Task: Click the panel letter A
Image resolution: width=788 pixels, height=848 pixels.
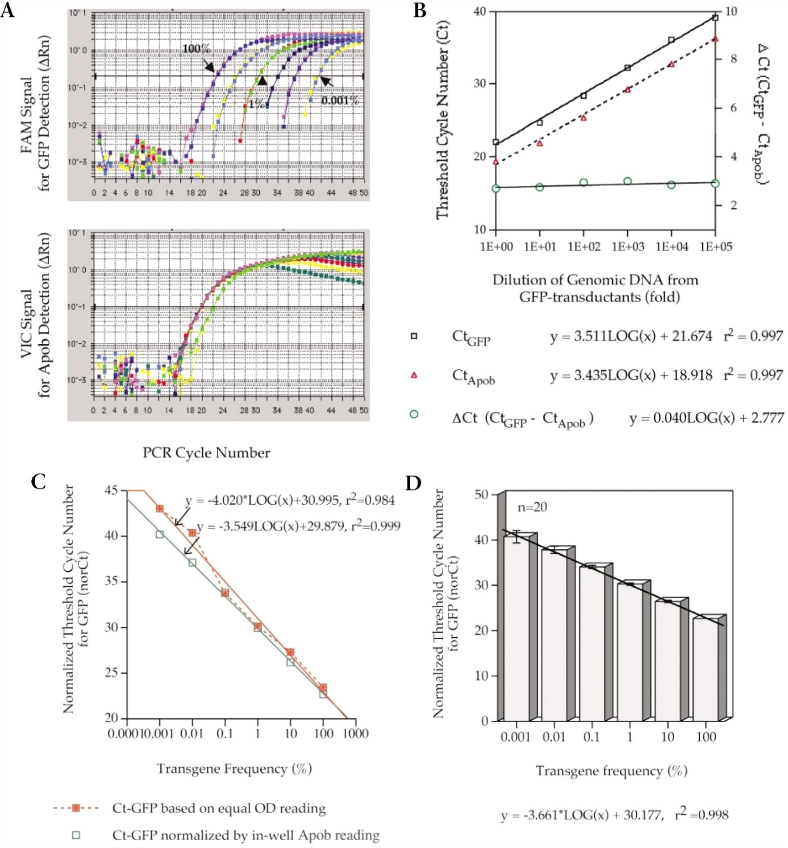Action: [8, 10]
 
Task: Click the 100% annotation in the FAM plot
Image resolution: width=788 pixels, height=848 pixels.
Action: [196, 48]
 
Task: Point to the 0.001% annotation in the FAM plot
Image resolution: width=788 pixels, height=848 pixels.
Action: [340, 100]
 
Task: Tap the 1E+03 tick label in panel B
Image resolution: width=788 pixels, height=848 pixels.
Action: [628, 247]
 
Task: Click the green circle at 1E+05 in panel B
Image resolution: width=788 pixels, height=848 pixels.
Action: [715, 184]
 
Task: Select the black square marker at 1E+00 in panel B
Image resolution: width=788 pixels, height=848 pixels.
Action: [496, 142]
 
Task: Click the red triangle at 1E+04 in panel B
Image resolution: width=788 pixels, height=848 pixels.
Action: [671, 64]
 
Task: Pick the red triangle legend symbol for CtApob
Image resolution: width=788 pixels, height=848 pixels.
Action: [414, 376]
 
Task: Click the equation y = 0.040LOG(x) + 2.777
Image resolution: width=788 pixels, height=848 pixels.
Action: [707, 418]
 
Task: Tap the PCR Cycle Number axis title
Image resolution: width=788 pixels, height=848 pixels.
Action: [206, 453]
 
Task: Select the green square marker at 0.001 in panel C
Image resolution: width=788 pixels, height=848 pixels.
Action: [160, 535]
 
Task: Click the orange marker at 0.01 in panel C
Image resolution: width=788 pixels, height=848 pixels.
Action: [192, 533]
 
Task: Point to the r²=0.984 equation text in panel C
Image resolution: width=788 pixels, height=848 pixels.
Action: [290, 500]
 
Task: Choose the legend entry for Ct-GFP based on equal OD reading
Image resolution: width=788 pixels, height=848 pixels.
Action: [219, 808]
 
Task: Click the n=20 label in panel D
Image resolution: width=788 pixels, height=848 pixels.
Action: [532, 507]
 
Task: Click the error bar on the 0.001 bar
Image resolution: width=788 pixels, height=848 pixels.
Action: [517, 536]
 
